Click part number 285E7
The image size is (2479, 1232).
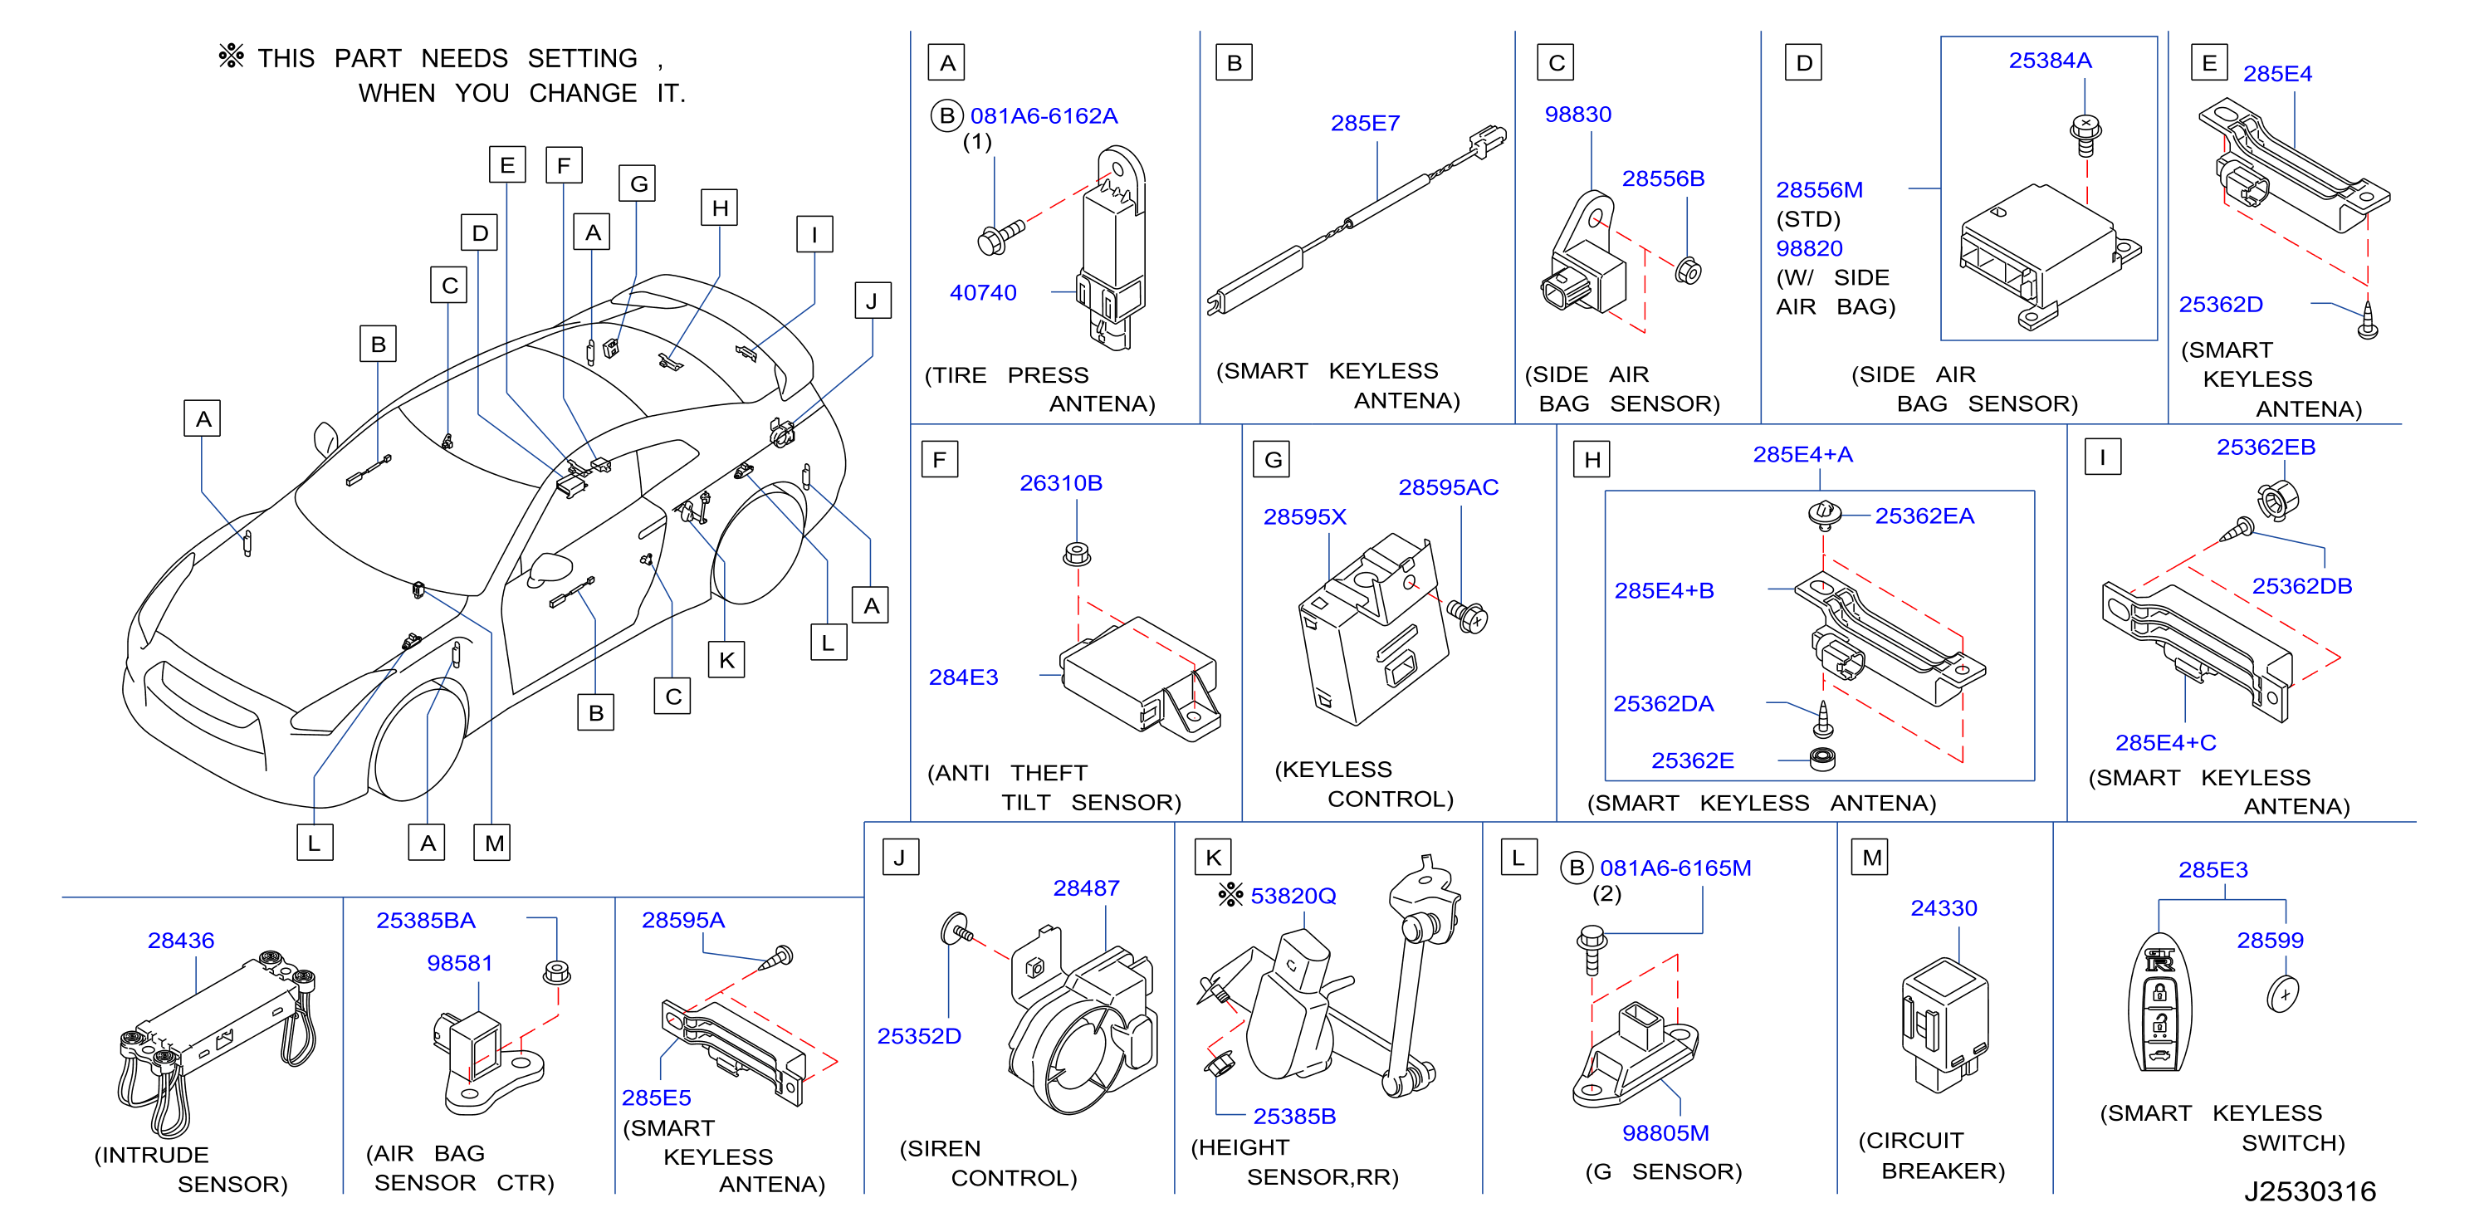pyautogui.click(x=1365, y=123)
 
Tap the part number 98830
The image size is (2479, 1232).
pyautogui.click(x=1577, y=115)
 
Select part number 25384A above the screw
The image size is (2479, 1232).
pyautogui.click(x=2050, y=61)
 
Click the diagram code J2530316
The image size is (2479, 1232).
pyautogui.click(x=2310, y=1191)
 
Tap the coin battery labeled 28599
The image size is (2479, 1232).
pyautogui.click(x=2283, y=993)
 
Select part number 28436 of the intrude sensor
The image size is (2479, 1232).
pyautogui.click(x=181, y=941)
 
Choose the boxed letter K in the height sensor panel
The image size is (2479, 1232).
pyautogui.click(x=1213, y=858)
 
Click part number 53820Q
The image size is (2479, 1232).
pyautogui.click(x=1293, y=896)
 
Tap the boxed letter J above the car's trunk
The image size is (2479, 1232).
pyautogui.click(x=872, y=301)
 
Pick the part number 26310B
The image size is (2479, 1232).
pyautogui.click(x=1060, y=483)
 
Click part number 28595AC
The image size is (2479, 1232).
pyautogui.click(x=1449, y=488)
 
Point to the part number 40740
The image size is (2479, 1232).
pyautogui.click(x=983, y=292)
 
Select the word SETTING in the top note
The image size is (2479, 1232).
pyautogui.click(x=582, y=59)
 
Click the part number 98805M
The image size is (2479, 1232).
pyautogui.click(x=1666, y=1133)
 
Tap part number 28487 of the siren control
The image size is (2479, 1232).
pyautogui.click(x=1087, y=888)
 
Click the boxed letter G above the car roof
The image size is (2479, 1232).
pyautogui.click(x=638, y=183)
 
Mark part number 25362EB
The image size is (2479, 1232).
pyautogui.click(x=2266, y=447)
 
